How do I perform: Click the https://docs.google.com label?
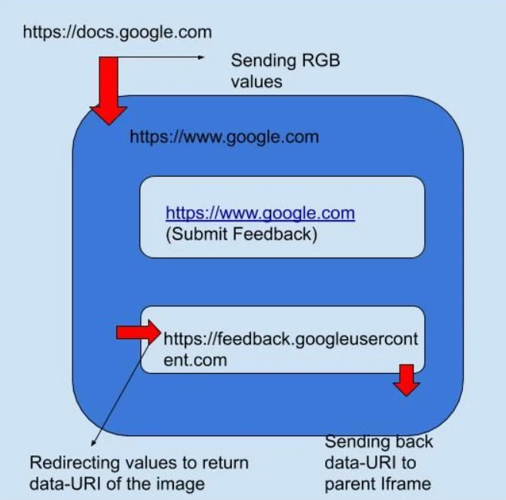coord(117,33)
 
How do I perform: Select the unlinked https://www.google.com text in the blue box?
coord(224,137)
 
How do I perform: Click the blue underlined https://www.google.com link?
coord(260,213)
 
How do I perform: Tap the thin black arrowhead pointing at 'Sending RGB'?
coord(203,57)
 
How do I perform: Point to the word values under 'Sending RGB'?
coord(257,80)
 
